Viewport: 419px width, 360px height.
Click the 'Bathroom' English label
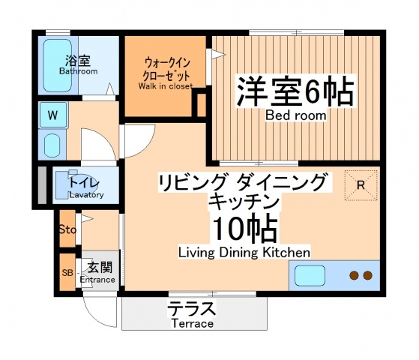tap(79, 72)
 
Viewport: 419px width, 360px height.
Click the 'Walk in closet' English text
tap(165, 86)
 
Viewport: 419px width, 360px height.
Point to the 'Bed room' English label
tap(295, 115)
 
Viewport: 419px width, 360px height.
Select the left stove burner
tap(353, 276)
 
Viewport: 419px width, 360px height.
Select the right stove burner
tap(367, 276)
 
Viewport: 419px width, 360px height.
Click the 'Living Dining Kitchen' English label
tap(244, 252)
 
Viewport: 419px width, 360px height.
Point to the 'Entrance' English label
tap(98, 280)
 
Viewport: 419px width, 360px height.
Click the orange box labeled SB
tap(67, 272)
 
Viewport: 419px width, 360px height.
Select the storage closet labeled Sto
tap(67, 229)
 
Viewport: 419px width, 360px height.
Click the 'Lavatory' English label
tap(86, 195)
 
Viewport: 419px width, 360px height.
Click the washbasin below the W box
tap(52, 144)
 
